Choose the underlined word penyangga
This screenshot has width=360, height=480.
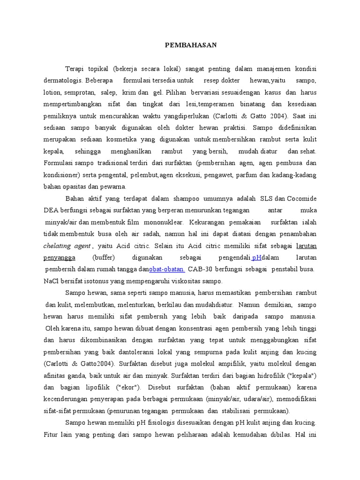click(60, 258)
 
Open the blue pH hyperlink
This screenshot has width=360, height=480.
click(257, 258)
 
